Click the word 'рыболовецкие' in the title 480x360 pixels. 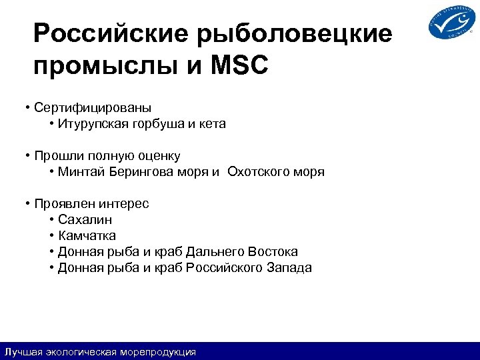(x=288, y=33)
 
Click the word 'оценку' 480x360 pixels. (x=159, y=156)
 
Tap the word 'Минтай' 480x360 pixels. (x=79, y=172)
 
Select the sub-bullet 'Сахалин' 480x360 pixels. (x=85, y=220)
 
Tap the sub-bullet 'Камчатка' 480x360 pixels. (x=87, y=236)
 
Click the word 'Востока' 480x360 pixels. (x=273, y=252)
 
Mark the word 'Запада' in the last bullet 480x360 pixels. (x=289, y=268)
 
